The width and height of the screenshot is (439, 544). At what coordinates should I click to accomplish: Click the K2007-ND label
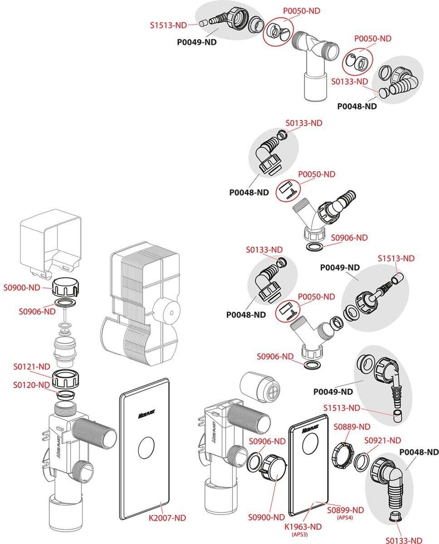(168, 517)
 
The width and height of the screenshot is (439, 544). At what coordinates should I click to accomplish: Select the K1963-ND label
(303, 526)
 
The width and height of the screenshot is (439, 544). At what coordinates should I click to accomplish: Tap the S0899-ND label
(346, 510)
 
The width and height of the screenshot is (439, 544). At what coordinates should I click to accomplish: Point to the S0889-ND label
(352, 427)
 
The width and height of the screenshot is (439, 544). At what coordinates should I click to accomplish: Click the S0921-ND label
(383, 440)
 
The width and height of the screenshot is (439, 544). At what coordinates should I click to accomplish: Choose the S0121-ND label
(31, 366)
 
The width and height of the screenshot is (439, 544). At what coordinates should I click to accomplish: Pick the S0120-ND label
(31, 385)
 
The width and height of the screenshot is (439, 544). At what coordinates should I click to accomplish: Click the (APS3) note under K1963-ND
(303, 534)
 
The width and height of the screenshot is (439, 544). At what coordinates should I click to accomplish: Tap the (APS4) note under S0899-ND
(346, 517)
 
